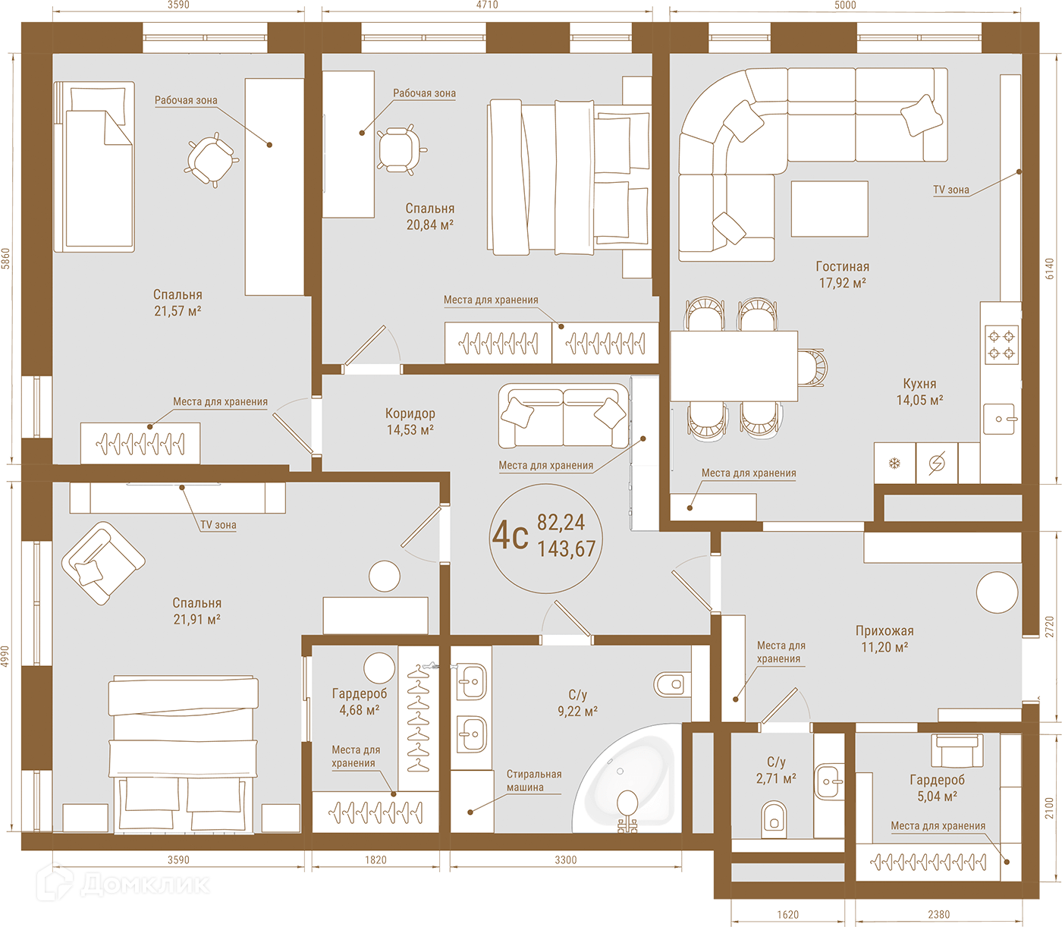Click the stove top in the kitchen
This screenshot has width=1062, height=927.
pos(1001,344)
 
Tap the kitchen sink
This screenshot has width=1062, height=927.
pos(999,419)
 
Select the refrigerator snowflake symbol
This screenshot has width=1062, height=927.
pos(894,463)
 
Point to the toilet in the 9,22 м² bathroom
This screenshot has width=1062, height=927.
pos(673,684)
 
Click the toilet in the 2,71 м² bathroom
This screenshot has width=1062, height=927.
pos(774,819)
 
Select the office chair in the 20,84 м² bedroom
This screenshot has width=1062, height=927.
pos(400,150)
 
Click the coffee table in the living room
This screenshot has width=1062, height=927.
pos(829,209)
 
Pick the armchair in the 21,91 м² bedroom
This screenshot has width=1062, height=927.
pos(103,563)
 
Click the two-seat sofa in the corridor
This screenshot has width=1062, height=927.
pos(563,416)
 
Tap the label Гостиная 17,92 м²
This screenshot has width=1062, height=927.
pos(843,275)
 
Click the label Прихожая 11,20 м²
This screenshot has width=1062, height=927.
pos(884,639)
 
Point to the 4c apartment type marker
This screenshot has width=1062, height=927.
pos(511,536)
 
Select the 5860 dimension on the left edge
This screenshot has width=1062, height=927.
pos(5,259)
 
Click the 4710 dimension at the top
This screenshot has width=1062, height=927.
pos(487,5)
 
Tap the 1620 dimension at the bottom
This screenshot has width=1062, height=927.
pos(787,915)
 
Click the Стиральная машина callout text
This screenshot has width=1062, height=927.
pos(533,781)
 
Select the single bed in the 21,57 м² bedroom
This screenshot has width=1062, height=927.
pos(95,167)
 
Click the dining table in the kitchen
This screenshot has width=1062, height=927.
pos(734,366)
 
